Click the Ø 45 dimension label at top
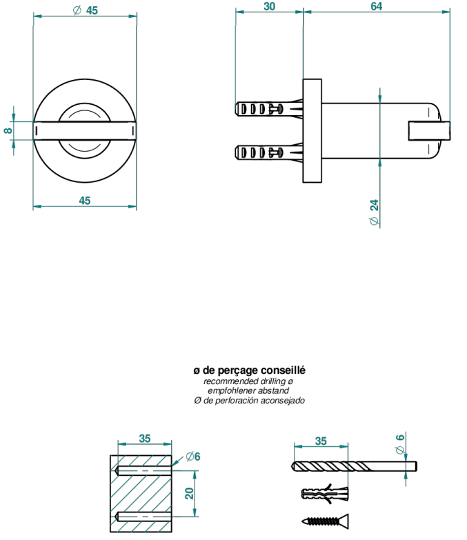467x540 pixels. tap(86, 10)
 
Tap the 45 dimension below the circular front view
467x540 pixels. tap(85, 201)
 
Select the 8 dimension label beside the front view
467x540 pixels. tap(8, 130)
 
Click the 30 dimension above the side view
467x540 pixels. tap(269, 6)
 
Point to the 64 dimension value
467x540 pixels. tap(377, 6)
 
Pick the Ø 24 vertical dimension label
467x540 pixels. tap(374, 212)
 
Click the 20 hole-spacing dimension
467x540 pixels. tap(190, 493)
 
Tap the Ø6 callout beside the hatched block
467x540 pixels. tap(193, 457)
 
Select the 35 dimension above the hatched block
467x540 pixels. tap(145, 439)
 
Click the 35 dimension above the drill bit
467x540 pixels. tap(321, 441)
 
